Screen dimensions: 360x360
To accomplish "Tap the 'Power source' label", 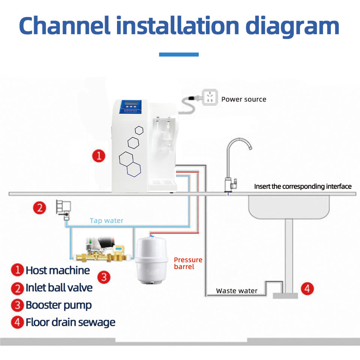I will tap(244, 99).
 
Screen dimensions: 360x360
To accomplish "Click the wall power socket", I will tap(210, 97).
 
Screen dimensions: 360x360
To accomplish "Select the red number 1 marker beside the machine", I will tap(99, 156).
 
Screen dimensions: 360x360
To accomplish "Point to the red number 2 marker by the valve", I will tap(40, 207).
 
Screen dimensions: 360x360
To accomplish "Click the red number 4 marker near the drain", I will tap(307, 289).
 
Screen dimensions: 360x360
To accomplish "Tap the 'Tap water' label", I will tap(106, 220).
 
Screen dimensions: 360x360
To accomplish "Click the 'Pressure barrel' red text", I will tap(188, 263).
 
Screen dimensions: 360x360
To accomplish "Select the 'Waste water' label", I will tap(237, 291).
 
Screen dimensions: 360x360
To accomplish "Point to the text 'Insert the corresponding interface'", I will tap(303, 186).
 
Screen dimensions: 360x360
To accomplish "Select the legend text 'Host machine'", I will tap(58, 270).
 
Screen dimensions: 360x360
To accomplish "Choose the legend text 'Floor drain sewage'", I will tap(70, 322).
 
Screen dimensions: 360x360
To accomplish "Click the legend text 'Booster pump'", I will tap(58, 305).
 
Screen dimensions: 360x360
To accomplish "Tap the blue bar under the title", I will tap(179, 55).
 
